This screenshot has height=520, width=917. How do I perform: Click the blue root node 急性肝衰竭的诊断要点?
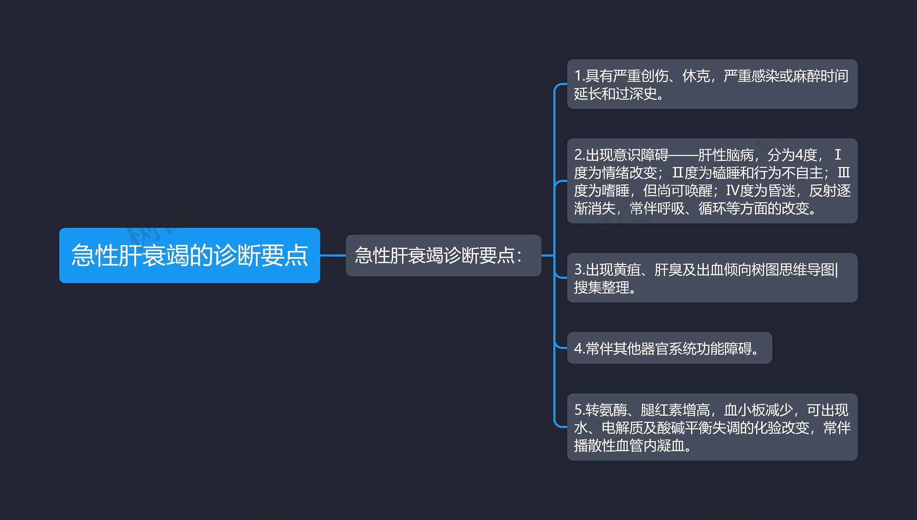(189, 255)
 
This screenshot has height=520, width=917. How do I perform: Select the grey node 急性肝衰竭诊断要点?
(443, 255)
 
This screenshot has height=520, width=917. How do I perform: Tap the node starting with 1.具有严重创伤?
(712, 84)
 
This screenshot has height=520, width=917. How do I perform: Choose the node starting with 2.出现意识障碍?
(712, 181)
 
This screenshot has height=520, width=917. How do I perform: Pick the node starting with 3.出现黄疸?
(712, 278)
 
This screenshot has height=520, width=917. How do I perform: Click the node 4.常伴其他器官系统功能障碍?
(669, 348)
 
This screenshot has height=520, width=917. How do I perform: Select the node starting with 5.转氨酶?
(712, 427)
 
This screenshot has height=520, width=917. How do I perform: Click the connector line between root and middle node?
(333, 255)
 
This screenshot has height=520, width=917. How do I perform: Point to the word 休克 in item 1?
(696, 76)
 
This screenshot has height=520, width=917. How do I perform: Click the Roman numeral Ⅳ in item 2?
(732, 191)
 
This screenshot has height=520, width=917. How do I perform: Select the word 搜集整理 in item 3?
(601, 287)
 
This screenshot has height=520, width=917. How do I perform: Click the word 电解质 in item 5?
(623, 428)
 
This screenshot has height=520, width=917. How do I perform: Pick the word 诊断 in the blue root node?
(237, 255)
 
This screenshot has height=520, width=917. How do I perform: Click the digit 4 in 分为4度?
(799, 155)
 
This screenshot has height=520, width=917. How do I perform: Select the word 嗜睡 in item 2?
(615, 191)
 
